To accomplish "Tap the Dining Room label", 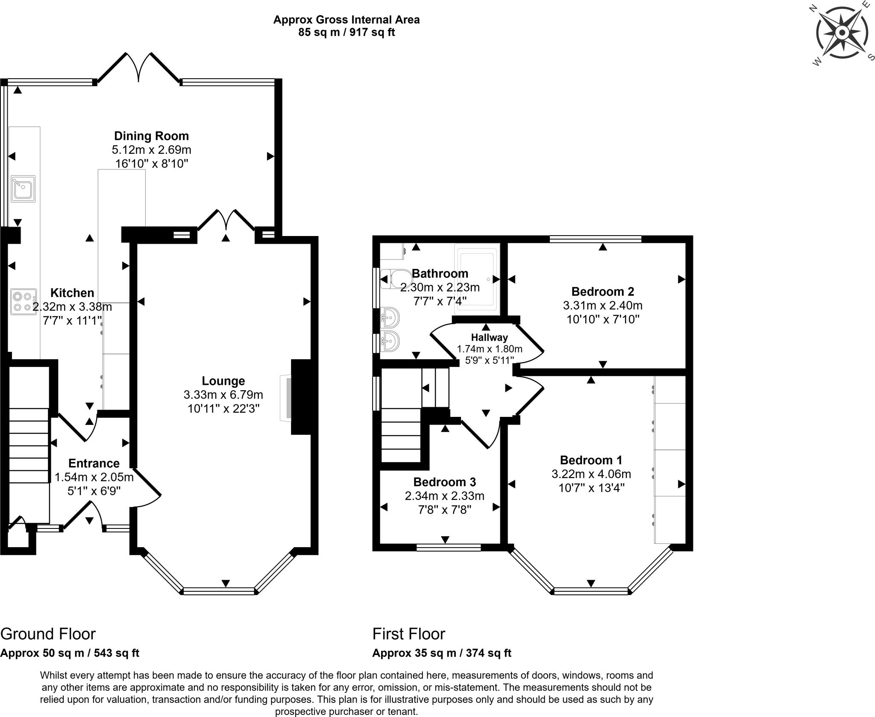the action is [x=151, y=136].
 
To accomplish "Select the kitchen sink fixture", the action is [x=23, y=189].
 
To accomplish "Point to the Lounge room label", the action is [x=223, y=381].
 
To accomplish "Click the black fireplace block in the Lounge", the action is [x=302, y=397].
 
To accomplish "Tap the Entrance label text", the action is [x=94, y=463].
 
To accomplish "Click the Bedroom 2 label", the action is [x=603, y=292].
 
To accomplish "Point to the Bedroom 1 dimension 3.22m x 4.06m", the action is [x=591, y=474].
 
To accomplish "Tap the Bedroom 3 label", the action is [x=445, y=482].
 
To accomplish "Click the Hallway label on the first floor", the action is [x=490, y=337].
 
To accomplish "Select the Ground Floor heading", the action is [x=48, y=634].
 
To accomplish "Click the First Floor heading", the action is [x=409, y=634].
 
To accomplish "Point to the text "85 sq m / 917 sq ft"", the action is [x=346, y=32].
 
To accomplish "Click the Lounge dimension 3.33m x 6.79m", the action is [x=223, y=395].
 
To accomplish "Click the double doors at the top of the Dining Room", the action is [x=138, y=67].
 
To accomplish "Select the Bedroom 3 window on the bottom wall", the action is [x=449, y=547].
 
